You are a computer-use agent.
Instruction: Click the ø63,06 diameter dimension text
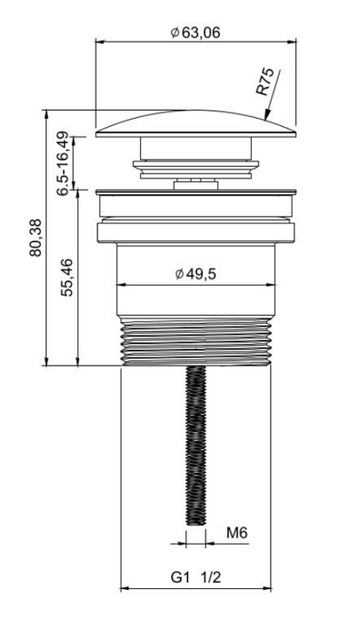tap(195, 32)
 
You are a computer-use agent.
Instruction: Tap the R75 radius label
tap(265, 82)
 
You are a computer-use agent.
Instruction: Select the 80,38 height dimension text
tap(36, 238)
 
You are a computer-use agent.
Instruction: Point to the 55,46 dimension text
tap(67, 278)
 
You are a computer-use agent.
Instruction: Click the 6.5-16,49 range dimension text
tap(63, 164)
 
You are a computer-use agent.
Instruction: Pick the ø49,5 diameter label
tap(196, 273)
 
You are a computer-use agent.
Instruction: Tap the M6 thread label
tap(237, 532)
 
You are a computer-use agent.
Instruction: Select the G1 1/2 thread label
tap(196, 577)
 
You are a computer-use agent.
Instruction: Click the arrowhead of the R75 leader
tap(267, 114)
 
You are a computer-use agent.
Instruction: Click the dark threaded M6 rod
tap(196, 445)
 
